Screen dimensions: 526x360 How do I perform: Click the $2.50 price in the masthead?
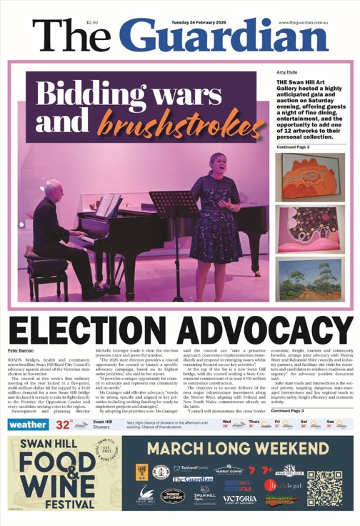coord(92,23)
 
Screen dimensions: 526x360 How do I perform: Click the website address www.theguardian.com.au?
coord(302,23)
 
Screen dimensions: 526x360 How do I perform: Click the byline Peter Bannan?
coord(21,351)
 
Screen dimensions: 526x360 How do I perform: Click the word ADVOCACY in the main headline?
coord(261,329)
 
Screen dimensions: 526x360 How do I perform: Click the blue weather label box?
coord(29,424)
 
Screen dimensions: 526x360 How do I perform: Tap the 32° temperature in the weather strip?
coord(64,424)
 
